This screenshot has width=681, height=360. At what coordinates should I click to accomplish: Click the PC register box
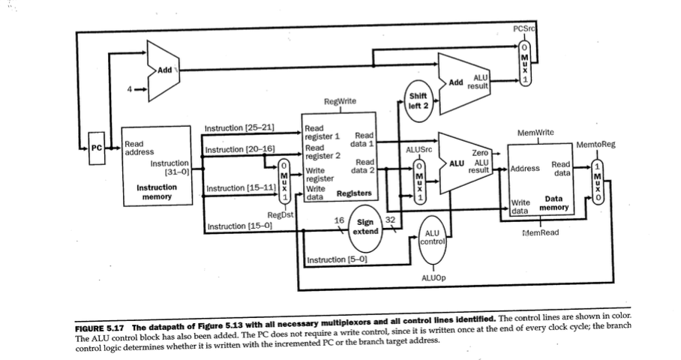tap(95, 146)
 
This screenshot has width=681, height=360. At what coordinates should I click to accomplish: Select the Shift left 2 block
tap(417, 100)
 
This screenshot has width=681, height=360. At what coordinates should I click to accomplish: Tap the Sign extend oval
tap(365, 227)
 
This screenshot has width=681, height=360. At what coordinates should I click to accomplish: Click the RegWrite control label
tap(340, 100)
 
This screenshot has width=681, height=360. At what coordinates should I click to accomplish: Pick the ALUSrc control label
tap(418, 150)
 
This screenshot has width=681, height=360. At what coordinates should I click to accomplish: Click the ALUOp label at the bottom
tap(434, 277)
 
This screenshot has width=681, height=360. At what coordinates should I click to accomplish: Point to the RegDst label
tap(279, 215)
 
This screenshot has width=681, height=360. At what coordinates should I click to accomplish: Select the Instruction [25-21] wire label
tap(240, 129)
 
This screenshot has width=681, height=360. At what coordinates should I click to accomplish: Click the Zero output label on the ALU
tap(480, 152)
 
